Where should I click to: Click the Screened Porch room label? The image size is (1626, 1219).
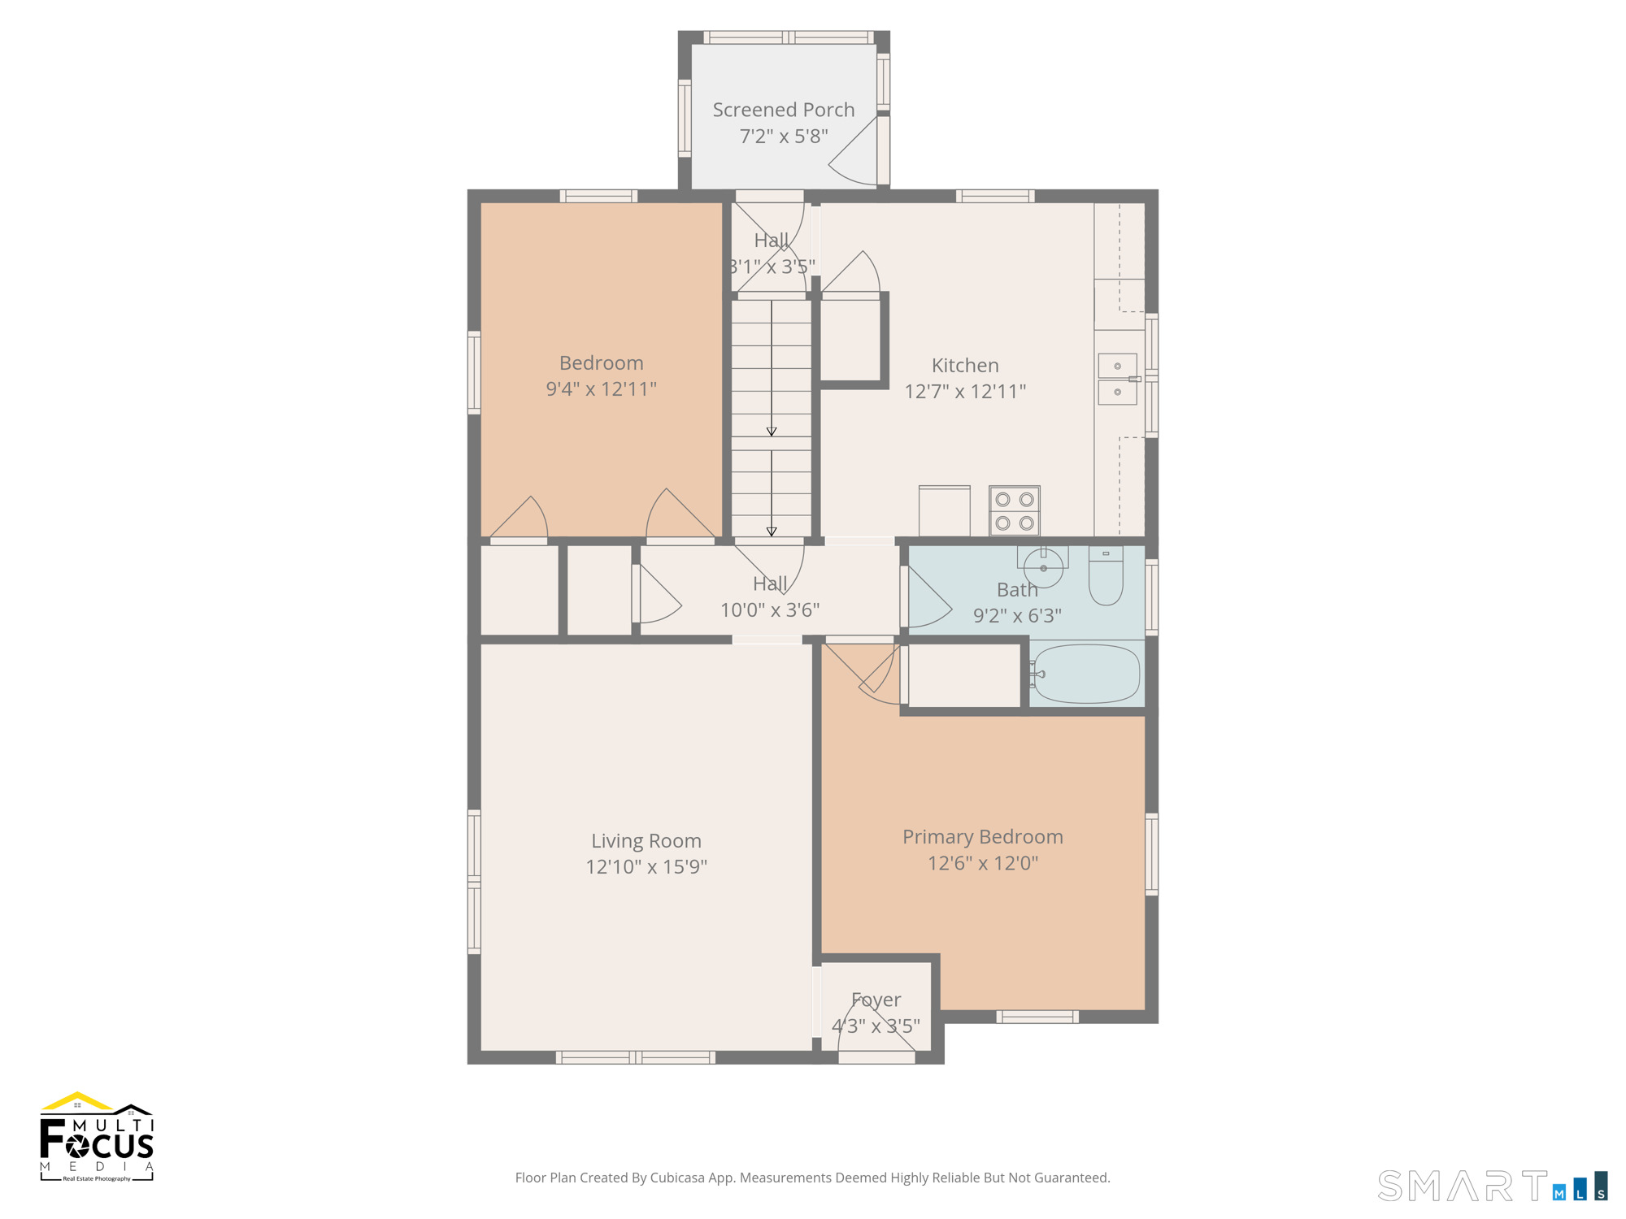[784, 110]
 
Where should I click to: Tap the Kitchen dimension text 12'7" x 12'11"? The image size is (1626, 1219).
[965, 392]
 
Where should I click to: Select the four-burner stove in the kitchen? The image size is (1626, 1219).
[1015, 511]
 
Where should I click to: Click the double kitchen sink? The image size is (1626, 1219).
[1118, 379]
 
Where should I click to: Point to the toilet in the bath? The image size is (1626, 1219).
[1106, 575]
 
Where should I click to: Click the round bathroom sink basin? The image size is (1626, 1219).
[1043, 567]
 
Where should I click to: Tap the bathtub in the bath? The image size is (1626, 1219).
[1086, 674]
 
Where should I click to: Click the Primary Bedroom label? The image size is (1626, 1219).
[983, 836]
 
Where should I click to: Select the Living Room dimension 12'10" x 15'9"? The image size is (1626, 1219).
[646, 866]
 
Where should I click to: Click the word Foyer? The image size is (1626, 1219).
[876, 1000]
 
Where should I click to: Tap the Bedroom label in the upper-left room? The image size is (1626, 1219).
[601, 362]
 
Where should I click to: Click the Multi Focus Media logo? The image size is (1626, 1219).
[97, 1137]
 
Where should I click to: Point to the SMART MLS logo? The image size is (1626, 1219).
[1493, 1186]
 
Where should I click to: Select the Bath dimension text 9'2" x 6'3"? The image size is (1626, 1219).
[1017, 616]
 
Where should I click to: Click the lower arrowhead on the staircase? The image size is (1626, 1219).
[772, 531]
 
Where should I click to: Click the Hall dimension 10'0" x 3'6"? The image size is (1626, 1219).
[770, 609]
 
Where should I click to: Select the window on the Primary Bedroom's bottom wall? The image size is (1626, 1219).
[1037, 1016]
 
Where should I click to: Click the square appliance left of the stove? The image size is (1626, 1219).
[944, 511]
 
